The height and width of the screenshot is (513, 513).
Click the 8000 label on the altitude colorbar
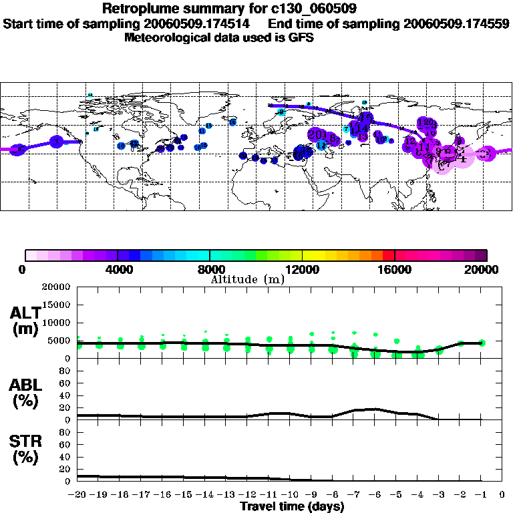pyautogui.click(x=210, y=269)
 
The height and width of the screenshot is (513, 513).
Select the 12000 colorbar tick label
pyautogui.click(x=302, y=269)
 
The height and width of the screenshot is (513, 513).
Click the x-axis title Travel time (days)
pyautogui.click(x=292, y=507)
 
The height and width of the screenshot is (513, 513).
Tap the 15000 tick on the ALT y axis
pyautogui.click(x=57, y=305)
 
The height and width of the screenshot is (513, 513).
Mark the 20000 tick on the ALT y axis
pyautogui.click(x=57, y=287)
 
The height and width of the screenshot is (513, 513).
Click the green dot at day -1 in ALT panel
pyautogui.click(x=482, y=343)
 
